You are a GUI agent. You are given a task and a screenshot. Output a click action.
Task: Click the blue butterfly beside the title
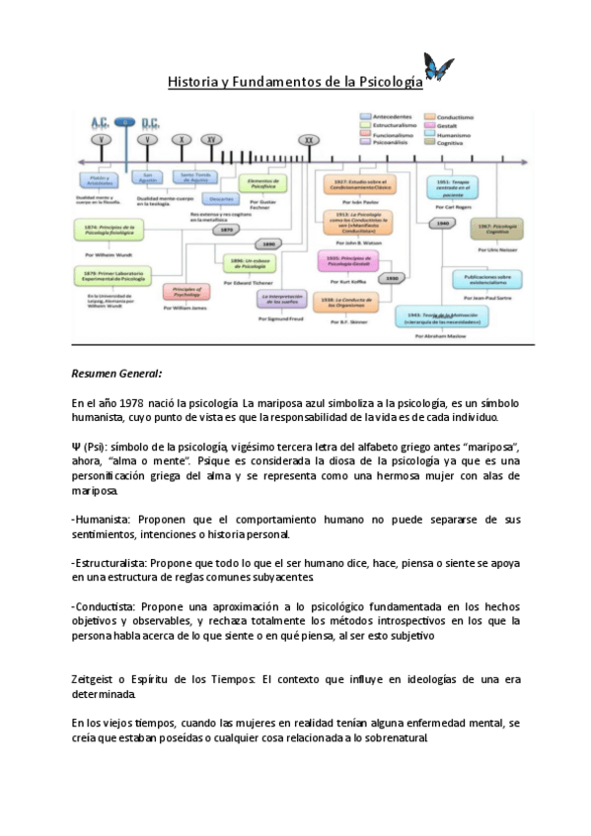(438, 69)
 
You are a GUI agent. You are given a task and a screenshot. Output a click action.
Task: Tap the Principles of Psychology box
(184, 291)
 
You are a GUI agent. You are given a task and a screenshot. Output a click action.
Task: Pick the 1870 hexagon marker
(226, 229)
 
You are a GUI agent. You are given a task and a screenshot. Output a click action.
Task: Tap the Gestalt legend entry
(444, 126)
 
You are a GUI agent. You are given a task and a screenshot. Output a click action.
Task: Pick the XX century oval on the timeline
(309, 141)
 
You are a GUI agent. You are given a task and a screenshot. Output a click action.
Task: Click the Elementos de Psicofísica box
(264, 183)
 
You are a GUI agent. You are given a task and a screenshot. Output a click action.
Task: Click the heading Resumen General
(117, 375)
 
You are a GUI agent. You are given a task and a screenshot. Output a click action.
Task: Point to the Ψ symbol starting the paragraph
(76, 445)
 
